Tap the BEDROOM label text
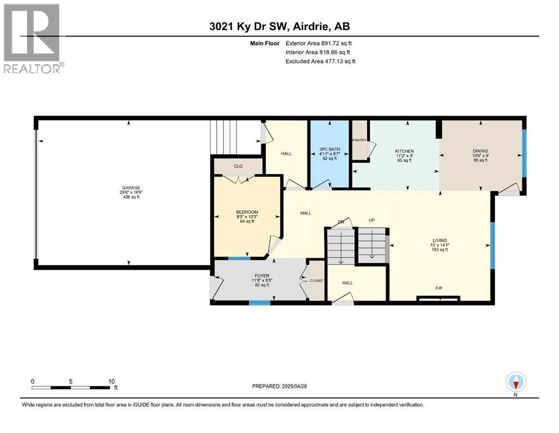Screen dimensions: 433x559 (x=247, y=213)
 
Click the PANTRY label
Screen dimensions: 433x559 (x=360, y=140)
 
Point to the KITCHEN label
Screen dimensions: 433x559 (x=404, y=151)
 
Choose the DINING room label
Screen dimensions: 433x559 (x=480, y=151)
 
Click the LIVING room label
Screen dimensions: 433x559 (x=439, y=240)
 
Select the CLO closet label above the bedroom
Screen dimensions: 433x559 (x=238, y=166)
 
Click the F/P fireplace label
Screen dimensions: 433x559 (x=439, y=288)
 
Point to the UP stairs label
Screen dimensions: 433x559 (x=372, y=220)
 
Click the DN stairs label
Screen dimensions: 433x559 (x=341, y=222)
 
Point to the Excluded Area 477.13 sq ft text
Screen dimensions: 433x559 (x=321, y=61)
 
